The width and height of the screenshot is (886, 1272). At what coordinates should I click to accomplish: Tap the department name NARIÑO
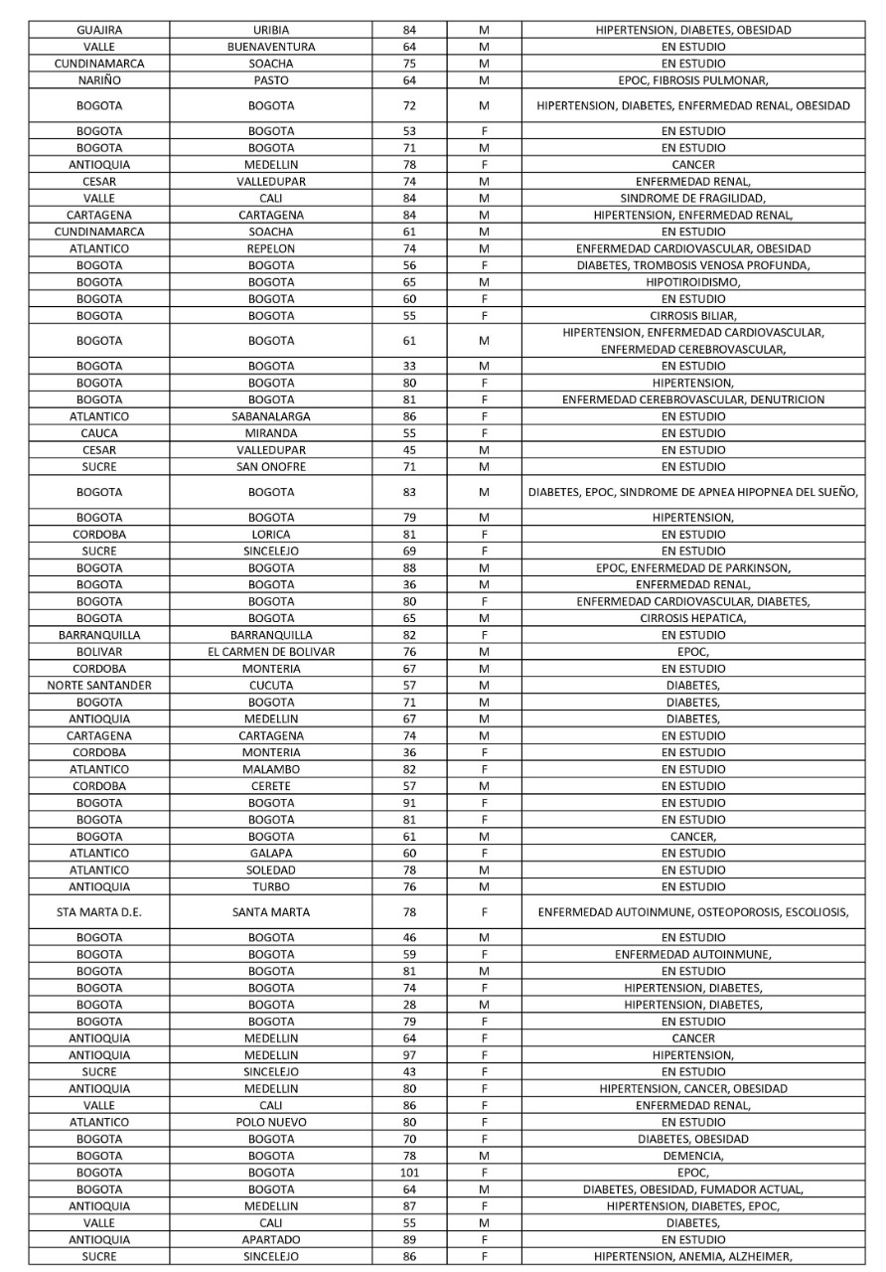pyautogui.click(x=99, y=80)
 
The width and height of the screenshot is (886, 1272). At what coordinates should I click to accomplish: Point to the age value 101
pyautogui.click(x=410, y=1173)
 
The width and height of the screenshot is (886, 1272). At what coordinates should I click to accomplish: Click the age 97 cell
pyautogui.click(x=410, y=1054)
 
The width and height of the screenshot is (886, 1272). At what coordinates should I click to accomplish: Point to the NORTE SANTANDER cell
pyautogui.click(x=99, y=686)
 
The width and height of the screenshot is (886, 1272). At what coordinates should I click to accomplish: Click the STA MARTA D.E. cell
pyautogui.click(x=99, y=912)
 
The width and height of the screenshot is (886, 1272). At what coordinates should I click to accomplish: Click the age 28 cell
pyautogui.click(x=410, y=1005)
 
